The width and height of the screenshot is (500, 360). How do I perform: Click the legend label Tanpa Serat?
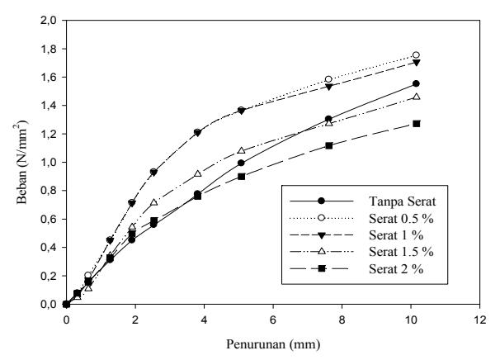pos(403,201)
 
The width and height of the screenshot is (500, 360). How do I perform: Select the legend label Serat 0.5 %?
pos(402,219)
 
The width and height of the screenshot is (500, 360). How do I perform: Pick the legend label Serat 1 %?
pos(396,235)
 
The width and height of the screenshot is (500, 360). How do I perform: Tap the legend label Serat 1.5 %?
pos(402,252)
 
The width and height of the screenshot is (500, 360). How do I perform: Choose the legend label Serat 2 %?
pos(396,269)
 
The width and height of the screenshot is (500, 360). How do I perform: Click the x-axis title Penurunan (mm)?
pos(273,344)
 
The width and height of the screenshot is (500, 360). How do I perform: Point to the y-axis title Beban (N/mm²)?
pos(22,162)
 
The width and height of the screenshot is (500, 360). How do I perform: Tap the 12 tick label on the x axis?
pos(479,320)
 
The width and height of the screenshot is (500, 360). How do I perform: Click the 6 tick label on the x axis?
pos(273,320)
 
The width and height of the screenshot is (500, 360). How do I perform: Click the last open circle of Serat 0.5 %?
pos(416,55)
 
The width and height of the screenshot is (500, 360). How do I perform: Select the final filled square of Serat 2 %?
pos(416,124)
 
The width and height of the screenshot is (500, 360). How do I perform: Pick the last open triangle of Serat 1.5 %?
pos(416,97)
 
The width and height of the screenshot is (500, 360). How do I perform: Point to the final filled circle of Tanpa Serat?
pos(416,83)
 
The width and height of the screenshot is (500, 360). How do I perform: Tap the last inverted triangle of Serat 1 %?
pos(416,63)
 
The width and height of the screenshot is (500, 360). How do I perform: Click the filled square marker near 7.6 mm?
pos(328,146)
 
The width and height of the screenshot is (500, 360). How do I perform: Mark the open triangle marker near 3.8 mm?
pos(198,173)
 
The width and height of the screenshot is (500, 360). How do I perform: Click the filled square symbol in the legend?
pos(322,268)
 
